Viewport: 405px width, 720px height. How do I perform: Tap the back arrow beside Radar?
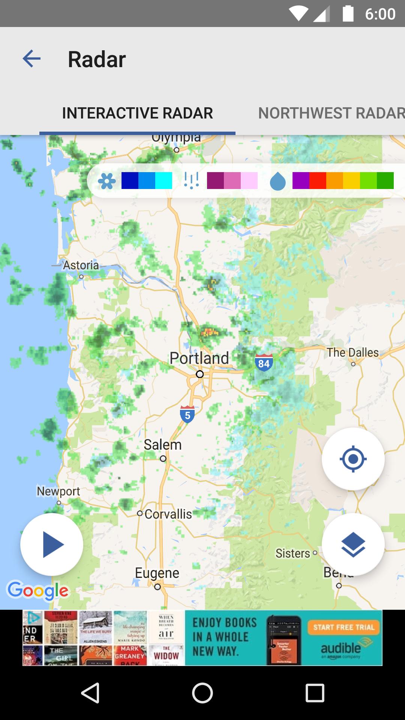coord(31,59)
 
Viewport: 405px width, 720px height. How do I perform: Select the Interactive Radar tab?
coord(137,113)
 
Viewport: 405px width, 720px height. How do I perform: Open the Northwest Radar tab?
coord(331,113)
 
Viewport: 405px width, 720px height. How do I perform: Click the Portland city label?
coord(199,358)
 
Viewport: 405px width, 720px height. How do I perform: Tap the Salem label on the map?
coord(163,445)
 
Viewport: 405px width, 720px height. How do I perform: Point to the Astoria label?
coord(81,265)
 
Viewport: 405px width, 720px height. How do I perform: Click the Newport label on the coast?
coord(58,491)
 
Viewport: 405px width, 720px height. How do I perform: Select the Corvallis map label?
coord(168,514)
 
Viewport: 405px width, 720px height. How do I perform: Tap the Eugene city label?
coord(157,573)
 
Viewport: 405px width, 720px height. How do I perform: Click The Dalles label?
coord(352,352)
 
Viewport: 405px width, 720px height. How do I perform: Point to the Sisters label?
coord(293,553)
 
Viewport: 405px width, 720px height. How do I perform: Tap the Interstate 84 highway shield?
coord(264,363)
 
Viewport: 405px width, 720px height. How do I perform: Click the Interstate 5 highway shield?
coord(187,414)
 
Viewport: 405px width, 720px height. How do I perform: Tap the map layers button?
coord(353,544)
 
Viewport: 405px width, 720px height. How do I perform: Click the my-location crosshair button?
coord(353,459)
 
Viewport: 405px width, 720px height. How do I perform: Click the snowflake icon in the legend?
coord(107,181)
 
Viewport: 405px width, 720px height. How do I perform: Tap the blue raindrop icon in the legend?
coord(278,181)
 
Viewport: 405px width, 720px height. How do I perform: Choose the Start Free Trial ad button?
coord(343,627)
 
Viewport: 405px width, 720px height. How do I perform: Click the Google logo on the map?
coord(38,591)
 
